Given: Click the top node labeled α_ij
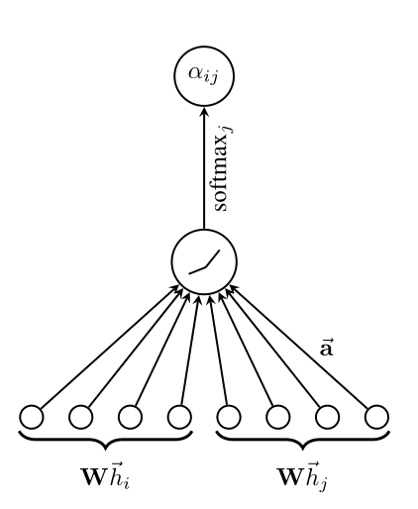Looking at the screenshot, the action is [x=204, y=76].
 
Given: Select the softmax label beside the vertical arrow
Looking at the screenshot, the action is [x=223, y=168].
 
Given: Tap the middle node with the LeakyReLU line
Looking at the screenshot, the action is [x=204, y=261].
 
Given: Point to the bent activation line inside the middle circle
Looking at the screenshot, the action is [x=204, y=262].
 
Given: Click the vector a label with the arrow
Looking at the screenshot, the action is [x=327, y=348].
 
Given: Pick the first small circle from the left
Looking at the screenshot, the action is [x=32, y=417].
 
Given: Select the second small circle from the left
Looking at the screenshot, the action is [x=80, y=417].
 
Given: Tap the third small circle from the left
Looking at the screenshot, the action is [x=130, y=417].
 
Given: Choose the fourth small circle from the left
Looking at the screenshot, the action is [x=179, y=417].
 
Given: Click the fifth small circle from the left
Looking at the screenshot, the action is [x=229, y=417].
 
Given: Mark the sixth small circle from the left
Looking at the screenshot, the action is [x=278, y=417].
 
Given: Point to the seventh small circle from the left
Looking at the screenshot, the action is [x=327, y=417].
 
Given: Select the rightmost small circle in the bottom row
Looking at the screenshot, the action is [x=376, y=417].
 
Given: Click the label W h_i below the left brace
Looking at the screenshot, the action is [x=105, y=475].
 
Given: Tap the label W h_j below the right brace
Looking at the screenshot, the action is [x=302, y=476].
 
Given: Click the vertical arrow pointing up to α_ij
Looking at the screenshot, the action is [x=204, y=168].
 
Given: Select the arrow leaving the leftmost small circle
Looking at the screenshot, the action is [x=110, y=347].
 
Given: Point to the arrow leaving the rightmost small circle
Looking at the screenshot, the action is [x=298, y=347].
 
